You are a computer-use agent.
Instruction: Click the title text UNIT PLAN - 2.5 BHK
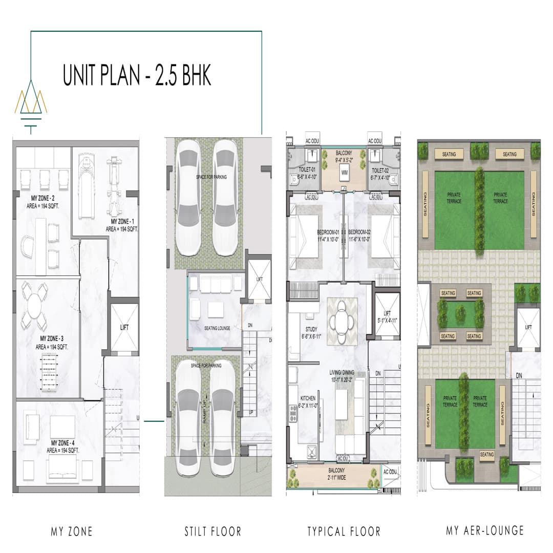click(137, 76)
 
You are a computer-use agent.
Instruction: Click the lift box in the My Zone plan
click(124, 327)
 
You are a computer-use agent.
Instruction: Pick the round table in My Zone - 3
click(34, 307)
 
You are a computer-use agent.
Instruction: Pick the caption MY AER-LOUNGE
click(484, 530)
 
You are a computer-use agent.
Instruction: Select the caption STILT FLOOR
click(212, 531)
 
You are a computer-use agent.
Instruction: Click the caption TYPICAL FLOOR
click(344, 531)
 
